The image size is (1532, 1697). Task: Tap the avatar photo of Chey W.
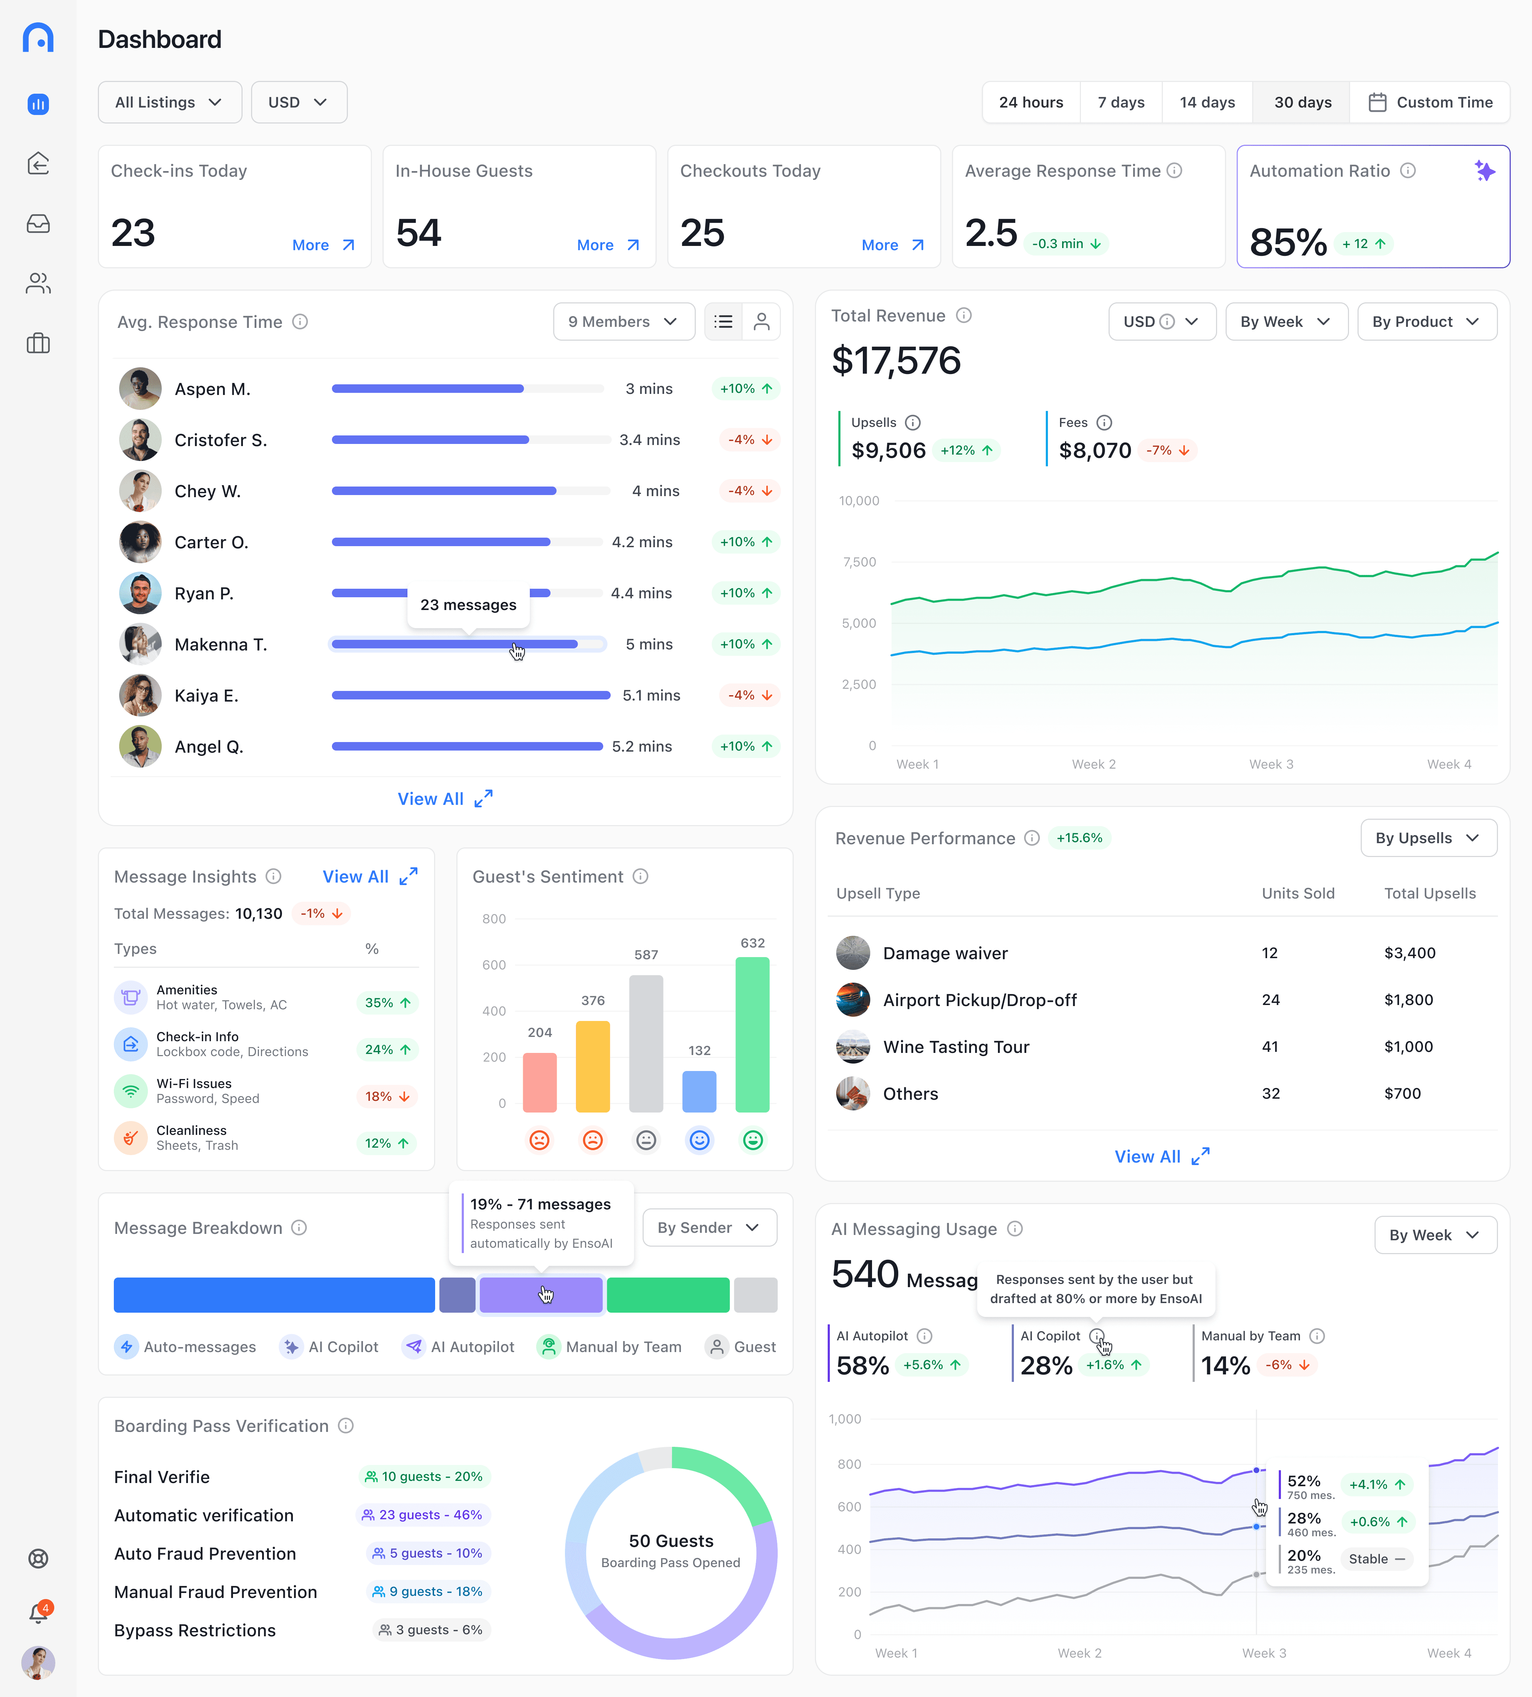[140, 491]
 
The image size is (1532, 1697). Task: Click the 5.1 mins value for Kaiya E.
[650, 695]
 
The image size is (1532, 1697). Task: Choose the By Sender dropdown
[708, 1227]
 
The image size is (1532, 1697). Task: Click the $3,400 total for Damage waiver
[1409, 953]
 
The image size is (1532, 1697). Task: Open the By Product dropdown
[1426, 322]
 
